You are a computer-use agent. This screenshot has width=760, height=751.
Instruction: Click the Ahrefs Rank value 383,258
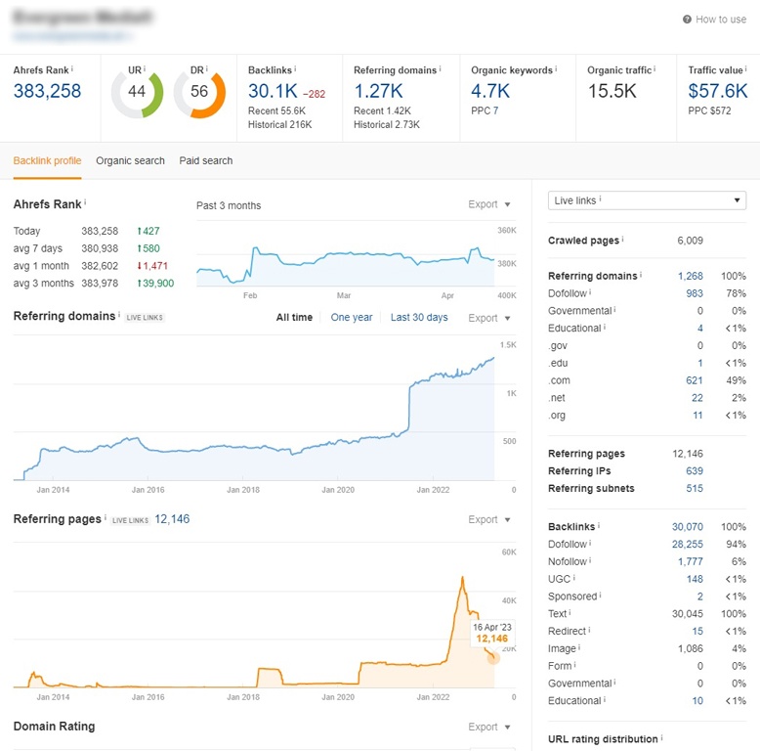47,91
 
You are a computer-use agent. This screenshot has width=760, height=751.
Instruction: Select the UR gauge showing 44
137,92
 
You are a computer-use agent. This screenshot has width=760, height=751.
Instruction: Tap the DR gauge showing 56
199,92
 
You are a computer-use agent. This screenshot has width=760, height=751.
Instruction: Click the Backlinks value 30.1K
272,91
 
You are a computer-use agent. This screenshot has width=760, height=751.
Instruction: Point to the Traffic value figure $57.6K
718,91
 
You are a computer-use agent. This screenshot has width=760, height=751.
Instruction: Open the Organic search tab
130,160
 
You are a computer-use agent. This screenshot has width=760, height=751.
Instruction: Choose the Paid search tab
206,160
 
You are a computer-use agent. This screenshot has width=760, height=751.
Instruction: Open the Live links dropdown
646,200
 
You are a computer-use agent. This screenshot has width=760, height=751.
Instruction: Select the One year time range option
352,318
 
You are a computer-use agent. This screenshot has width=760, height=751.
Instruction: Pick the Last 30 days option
419,318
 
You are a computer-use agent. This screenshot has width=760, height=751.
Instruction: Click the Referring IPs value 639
694,471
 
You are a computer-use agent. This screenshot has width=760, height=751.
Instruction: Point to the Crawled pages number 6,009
690,241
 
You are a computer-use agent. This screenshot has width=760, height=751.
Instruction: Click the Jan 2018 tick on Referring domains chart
244,489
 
